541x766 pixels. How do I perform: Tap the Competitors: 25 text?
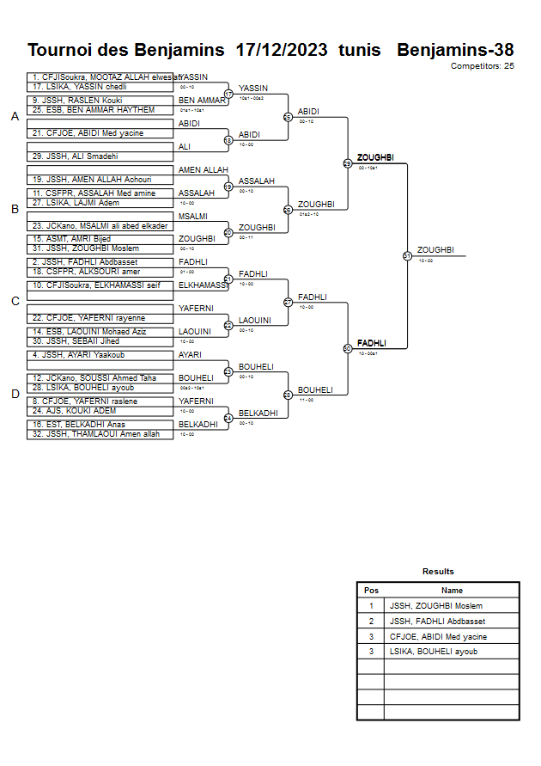(483, 65)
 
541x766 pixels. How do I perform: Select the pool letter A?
(15, 117)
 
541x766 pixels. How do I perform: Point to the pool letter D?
(15, 394)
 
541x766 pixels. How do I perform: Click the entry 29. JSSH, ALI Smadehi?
(75, 156)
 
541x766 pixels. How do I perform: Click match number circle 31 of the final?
(407, 255)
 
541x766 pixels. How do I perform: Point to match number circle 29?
(348, 163)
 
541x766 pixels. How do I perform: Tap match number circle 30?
(348, 348)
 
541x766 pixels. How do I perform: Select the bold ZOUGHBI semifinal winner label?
(375, 157)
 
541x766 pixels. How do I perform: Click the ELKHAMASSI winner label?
(204, 285)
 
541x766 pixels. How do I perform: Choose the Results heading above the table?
(438, 571)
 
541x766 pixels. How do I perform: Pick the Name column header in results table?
(452, 591)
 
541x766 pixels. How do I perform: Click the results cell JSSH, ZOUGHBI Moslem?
(435, 606)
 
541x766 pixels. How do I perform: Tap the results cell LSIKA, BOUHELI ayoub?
(434, 652)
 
